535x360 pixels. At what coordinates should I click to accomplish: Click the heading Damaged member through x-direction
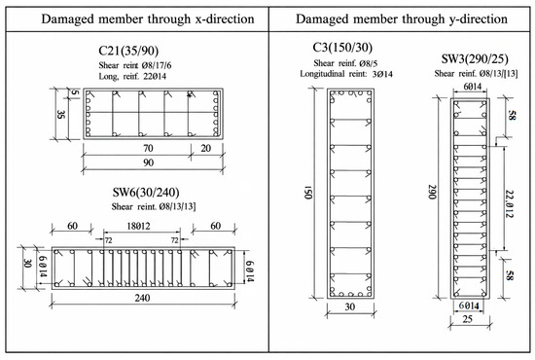(148, 19)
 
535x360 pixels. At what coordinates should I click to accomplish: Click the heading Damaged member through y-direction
(402, 19)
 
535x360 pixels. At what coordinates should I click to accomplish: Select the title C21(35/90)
(128, 51)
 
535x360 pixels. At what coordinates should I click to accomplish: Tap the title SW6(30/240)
(146, 193)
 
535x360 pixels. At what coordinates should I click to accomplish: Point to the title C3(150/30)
(342, 48)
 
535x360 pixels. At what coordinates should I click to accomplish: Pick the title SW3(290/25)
(475, 59)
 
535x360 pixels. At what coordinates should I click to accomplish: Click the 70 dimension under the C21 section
(148, 149)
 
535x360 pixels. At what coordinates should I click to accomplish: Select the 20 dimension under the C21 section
(206, 149)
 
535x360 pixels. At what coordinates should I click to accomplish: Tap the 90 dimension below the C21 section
(149, 162)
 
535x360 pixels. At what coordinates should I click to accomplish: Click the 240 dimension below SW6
(142, 299)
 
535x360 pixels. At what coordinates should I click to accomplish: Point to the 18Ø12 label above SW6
(138, 226)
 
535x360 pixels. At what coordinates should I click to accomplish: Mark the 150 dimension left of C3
(308, 193)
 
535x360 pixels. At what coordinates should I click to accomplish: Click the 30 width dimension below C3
(350, 307)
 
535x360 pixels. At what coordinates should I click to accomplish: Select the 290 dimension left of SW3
(432, 192)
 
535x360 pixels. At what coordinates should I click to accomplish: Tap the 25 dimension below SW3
(468, 319)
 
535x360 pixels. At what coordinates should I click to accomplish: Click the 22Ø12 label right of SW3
(509, 204)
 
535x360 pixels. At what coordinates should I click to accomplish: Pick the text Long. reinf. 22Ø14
(132, 76)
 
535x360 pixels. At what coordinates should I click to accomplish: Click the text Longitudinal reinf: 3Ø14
(346, 74)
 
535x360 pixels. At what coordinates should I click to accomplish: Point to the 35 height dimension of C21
(60, 114)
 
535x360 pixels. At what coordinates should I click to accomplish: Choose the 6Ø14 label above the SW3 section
(472, 87)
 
